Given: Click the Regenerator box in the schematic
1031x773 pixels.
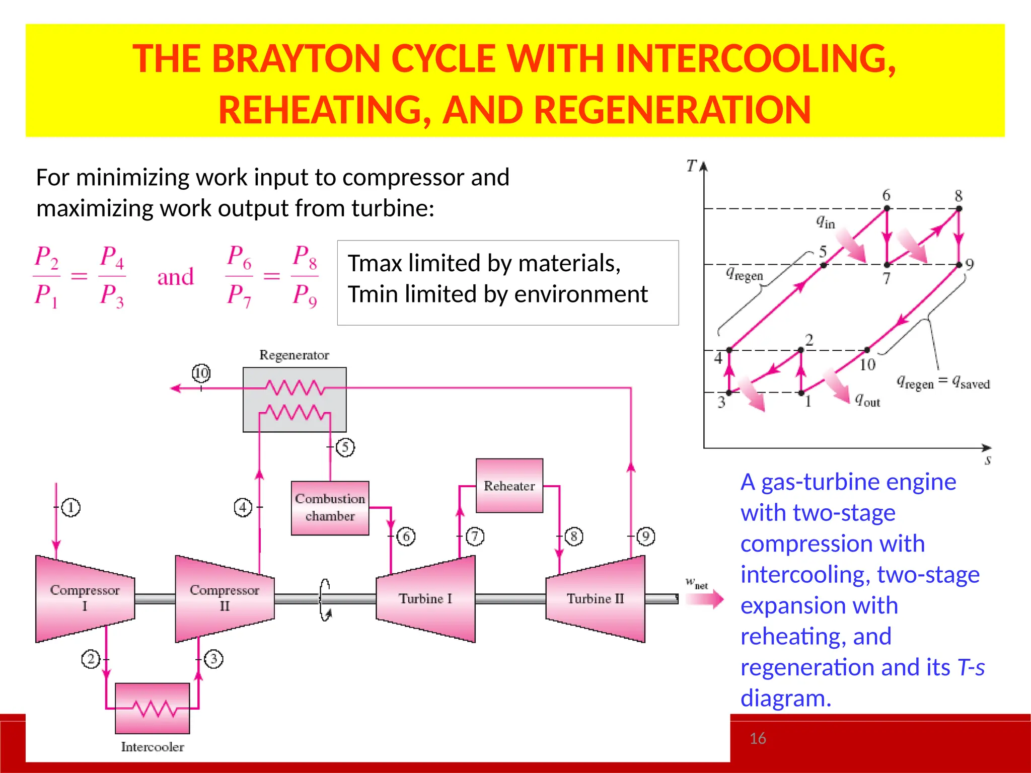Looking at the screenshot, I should [x=294, y=399].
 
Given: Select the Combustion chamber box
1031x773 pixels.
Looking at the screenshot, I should [x=330, y=507].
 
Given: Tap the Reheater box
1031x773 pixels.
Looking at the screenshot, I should [x=509, y=486].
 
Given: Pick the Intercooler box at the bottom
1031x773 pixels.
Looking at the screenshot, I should [x=153, y=708].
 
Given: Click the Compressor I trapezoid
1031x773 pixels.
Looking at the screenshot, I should [x=85, y=598].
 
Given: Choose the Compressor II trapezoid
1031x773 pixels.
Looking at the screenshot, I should [x=225, y=598].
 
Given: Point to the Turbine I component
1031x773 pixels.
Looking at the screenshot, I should [x=426, y=598].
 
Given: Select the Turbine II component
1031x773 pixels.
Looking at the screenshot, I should [x=595, y=598].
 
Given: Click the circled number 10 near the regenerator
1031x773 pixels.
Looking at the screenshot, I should [x=201, y=373].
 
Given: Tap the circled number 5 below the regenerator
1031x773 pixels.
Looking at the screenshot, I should [x=345, y=447].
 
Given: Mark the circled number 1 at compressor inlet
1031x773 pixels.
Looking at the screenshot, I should [x=71, y=507].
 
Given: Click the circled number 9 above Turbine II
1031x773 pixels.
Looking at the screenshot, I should [x=646, y=536].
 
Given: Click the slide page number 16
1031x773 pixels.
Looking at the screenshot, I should [x=758, y=738].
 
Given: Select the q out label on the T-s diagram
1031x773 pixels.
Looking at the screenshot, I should [x=867, y=400].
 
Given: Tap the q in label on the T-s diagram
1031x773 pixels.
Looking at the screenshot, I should [x=826, y=221].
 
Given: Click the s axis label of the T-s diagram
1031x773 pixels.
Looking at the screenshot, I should [x=988, y=460].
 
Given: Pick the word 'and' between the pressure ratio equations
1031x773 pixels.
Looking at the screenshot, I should [x=175, y=277].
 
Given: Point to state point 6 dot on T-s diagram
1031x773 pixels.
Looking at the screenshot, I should [x=887, y=208].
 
